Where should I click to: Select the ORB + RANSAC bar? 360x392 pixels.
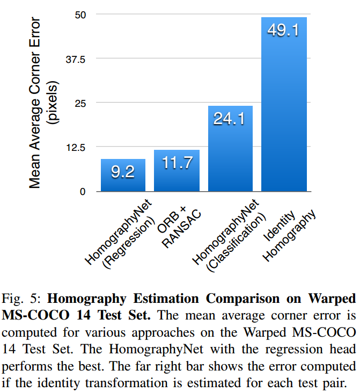(177, 171)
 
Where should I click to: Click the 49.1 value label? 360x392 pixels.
(283, 31)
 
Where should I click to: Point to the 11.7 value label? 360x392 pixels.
(177, 163)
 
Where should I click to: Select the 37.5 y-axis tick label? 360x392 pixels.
(75, 59)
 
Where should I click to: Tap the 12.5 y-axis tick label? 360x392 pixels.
(75, 147)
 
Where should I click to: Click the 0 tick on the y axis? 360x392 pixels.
(82, 191)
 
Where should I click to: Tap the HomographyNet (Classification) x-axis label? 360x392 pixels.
(227, 236)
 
